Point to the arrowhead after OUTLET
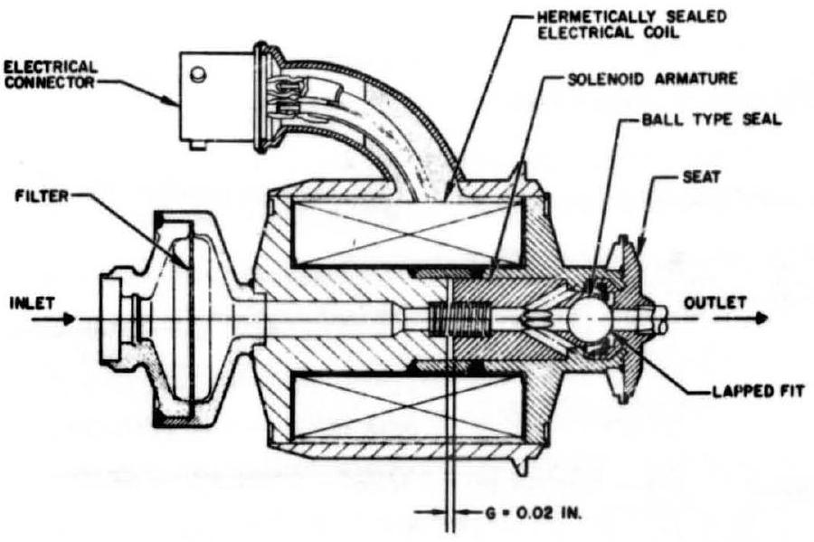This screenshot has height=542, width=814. point(763,319)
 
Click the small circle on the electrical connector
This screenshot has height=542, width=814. point(200,72)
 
